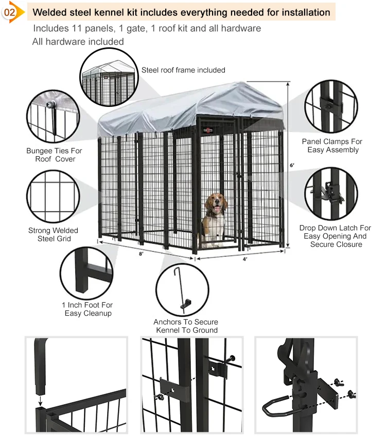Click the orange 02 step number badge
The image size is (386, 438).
pos(10,12)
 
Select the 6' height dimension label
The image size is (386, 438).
pos(292,165)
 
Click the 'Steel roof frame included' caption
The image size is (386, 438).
pos(183,70)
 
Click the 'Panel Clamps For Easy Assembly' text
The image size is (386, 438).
pos(332,145)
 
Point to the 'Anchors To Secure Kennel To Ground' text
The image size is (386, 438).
pos(185,326)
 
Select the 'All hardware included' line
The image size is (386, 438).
pos(78,42)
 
